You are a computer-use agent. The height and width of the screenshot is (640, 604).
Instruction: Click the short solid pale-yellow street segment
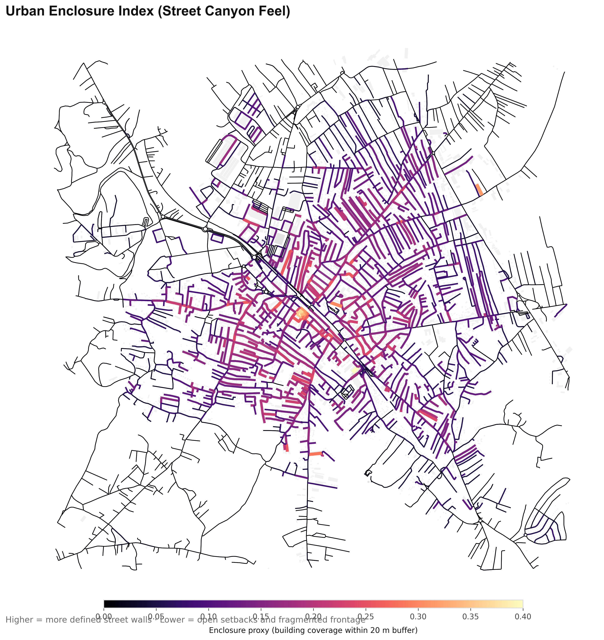pos(355,370)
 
